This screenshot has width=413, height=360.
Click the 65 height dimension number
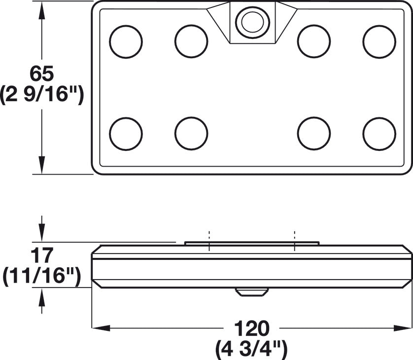coord(42,73)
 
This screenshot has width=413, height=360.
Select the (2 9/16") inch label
coord(42,95)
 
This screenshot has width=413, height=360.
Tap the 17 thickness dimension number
coord(42,255)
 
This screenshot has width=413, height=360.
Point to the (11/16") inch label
coord(41,276)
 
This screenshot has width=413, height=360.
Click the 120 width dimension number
coord(251,328)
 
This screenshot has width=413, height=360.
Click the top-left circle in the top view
coord(126,41)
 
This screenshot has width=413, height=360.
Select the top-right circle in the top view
coord(379,41)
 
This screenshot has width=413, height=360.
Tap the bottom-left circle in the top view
coord(126,134)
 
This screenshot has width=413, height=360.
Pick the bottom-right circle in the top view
coord(379,134)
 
